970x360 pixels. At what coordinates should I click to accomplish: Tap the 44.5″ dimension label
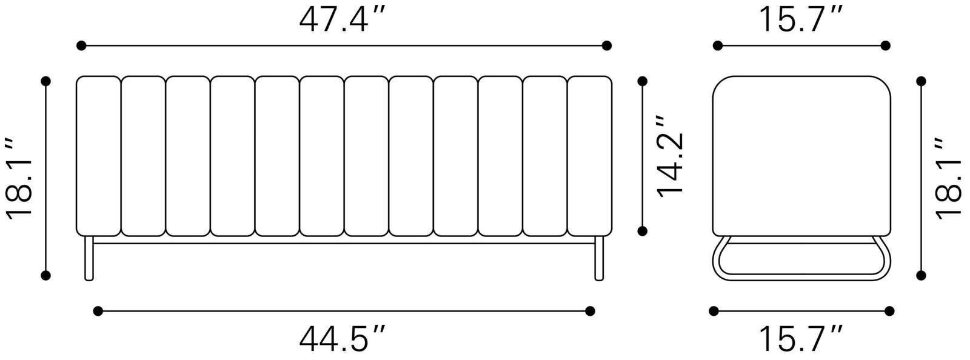point(343,339)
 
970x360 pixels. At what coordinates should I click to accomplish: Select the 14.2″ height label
point(671,156)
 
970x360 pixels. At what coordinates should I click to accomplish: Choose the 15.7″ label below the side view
point(801,339)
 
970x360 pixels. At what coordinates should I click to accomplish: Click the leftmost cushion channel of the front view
point(98,156)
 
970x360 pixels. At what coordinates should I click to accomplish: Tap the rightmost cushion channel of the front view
point(589,156)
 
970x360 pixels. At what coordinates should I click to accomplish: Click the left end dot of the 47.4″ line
point(81,45)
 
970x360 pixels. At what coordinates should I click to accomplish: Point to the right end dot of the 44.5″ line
point(590,311)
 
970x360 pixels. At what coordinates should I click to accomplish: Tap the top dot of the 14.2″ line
point(643,81)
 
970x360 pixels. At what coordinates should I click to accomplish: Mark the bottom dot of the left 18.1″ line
point(45,276)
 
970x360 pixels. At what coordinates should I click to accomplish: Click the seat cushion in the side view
point(801,155)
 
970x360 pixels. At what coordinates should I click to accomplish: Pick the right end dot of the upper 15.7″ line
point(885,45)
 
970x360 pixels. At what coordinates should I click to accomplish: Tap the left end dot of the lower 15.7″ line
point(714,311)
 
